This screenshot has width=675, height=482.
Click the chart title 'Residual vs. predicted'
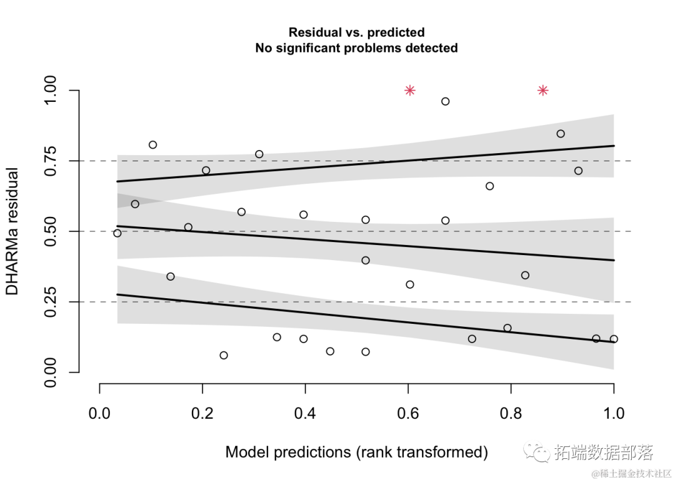tap(356, 33)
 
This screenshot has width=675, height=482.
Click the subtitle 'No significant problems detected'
tap(356, 48)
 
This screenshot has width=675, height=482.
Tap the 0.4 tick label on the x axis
tap(305, 413)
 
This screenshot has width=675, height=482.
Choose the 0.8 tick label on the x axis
tap(511, 413)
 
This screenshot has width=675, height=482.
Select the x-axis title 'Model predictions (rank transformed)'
tap(356, 452)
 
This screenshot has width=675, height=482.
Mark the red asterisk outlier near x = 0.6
tap(410, 91)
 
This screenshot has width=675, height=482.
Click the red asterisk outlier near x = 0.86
tap(543, 91)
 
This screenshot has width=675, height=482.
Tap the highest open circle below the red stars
tap(446, 101)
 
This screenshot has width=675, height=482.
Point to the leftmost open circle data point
tap(117, 233)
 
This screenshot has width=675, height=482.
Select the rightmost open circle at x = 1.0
tap(614, 339)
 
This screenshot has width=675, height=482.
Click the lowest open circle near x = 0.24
tap(224, 355)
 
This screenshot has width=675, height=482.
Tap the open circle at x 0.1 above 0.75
tap(152, 145)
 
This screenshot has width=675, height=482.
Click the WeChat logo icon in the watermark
tap(534, 451)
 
